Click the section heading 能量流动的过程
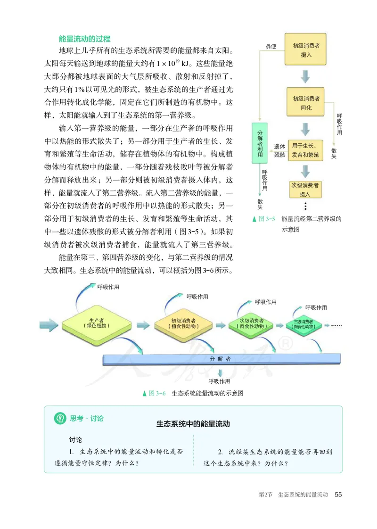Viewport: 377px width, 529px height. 84,39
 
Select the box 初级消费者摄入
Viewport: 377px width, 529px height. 306,50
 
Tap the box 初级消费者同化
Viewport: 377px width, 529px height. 306,103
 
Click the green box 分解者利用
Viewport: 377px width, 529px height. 259,146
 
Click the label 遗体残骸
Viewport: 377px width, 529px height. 279,150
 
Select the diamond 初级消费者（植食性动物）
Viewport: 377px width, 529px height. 184,323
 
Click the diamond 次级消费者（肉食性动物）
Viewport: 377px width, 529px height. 252,323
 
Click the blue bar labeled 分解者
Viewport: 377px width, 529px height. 220,359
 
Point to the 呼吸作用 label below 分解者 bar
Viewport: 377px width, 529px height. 220,381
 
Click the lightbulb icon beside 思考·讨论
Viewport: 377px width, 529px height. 60,418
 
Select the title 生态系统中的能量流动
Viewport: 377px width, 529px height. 193,423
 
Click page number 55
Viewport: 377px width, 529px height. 338,495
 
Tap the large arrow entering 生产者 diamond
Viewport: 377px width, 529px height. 49,324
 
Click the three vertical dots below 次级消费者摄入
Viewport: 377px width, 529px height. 306,206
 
